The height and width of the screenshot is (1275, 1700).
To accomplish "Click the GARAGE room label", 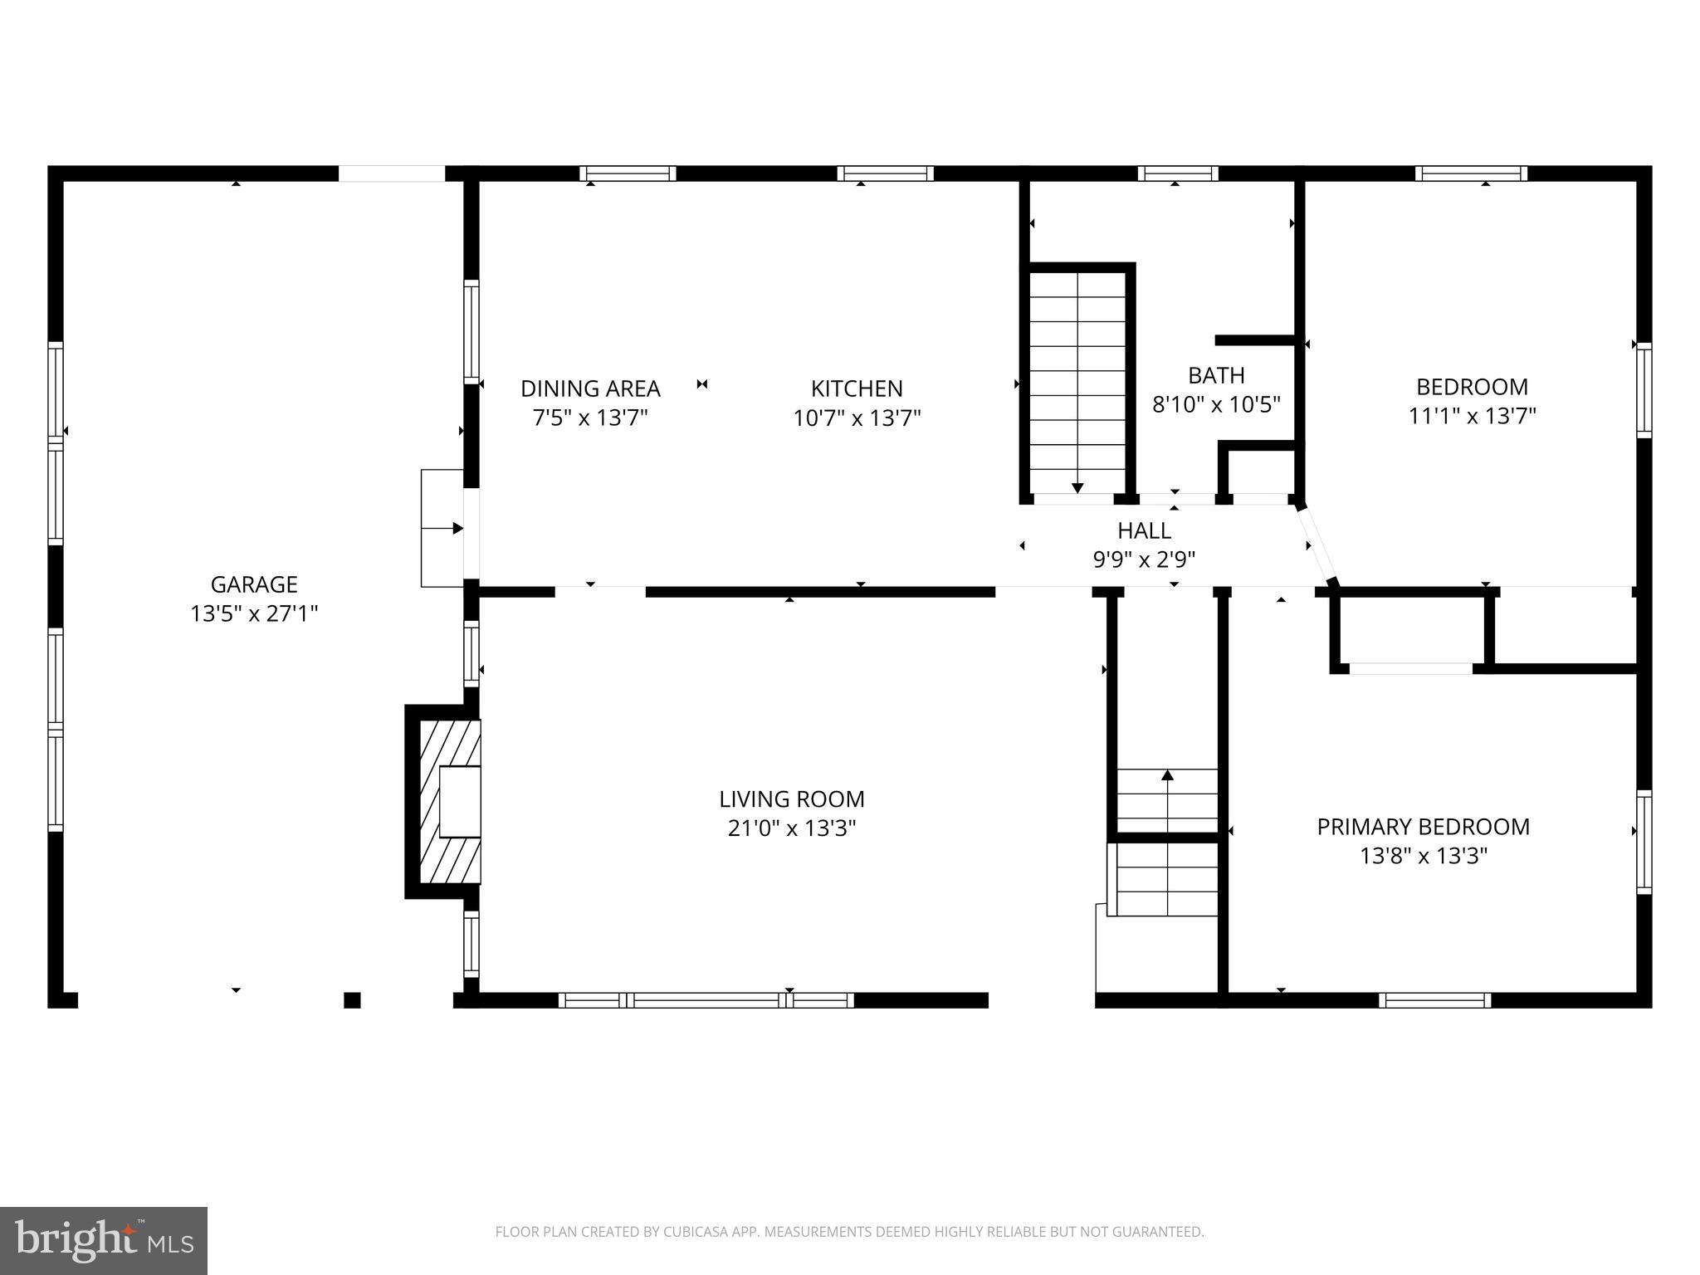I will pyautogui.click(x=254, y=584).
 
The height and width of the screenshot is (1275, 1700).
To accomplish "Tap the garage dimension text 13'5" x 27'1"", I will pyautogui.click(x=254, y=614).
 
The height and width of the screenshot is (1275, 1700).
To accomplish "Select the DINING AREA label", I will pyautogui.click(x=590, y=388).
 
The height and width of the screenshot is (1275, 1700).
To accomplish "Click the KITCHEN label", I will pyautogui.click(x=857, y=388).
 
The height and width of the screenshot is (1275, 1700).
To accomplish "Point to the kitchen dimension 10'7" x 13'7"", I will pyautogui.click(x=857, y=418).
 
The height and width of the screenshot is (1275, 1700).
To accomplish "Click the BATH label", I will pyautogui.click(x=1216, y=375).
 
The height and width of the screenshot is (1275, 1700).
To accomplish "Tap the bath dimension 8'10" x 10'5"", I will pyautogui.click(x=1216, y=405).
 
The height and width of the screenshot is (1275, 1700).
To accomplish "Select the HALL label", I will pyautogui.click(x=1144, y=530).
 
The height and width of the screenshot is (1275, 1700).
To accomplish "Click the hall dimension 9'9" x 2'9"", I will pyautogui.click(x=1144, y=560).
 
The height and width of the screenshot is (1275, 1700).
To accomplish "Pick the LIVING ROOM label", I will pyautogui.click(x=791, y=799).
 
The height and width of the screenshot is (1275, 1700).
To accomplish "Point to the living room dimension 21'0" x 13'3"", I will pyautogui.click(x=791, y=828).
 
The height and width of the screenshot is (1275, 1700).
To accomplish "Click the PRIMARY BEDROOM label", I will pyautogui.click(x=1423, y=827).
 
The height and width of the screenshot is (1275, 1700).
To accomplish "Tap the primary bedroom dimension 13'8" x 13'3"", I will pyautogui.click(x=1423, y=856).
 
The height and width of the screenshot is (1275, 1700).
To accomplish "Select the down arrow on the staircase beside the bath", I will pyautogui.click(x=1077, y=487).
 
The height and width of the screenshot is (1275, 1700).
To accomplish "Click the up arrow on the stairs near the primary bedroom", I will pyautogui.click(x=1167, y=775).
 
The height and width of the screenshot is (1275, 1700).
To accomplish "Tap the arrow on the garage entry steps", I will pyautogui.click(x=457, y=528).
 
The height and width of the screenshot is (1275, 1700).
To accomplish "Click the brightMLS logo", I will pyautogui.click(x=104, y=1241).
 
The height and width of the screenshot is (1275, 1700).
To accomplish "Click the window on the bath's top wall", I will pyautogui.click(x=1177, y=173).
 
